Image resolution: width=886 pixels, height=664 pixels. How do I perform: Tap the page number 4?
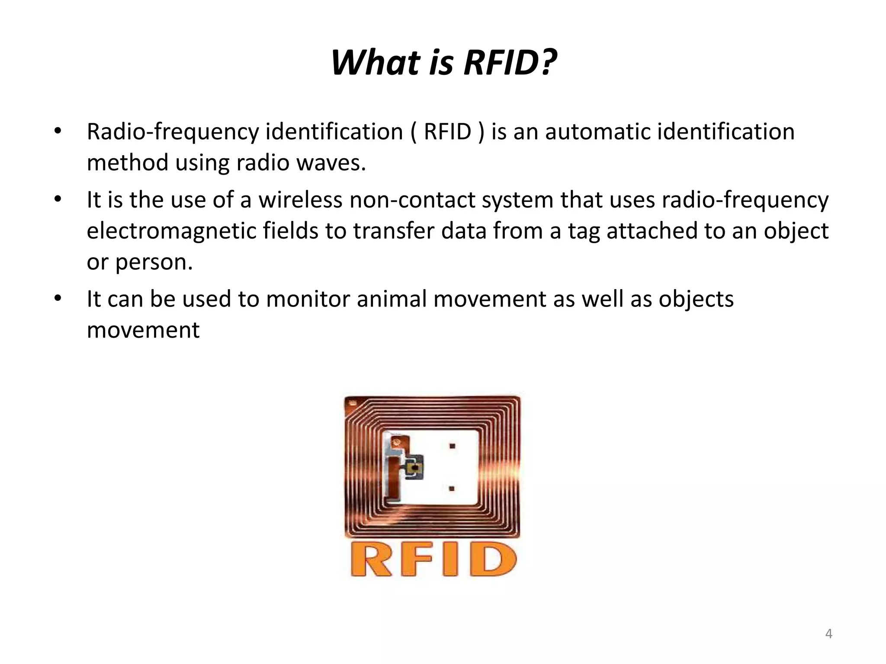click(x=828, y=634)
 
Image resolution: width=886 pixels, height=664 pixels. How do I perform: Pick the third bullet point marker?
click(x=58, y=298)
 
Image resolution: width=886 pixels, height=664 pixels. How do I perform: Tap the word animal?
click(x=392, y=299)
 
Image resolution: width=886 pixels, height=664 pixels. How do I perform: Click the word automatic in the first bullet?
click(x=597, y=132)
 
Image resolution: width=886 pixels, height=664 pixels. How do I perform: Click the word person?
click(x=154, y=262)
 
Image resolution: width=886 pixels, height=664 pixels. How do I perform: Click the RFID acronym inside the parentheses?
click(x=447, y=132)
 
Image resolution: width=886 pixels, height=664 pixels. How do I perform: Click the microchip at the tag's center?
click(x=414, y=468)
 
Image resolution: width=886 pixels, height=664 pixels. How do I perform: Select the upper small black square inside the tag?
click(x=452, y=446)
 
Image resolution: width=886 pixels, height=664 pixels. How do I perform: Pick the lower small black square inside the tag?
click(x=452, y=489)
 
